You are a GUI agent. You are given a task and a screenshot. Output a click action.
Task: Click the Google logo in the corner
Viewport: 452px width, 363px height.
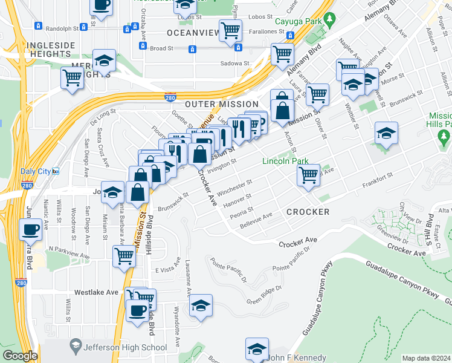tap(20, 356)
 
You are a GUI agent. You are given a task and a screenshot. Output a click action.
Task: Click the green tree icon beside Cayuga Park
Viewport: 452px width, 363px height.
tap(330, 20)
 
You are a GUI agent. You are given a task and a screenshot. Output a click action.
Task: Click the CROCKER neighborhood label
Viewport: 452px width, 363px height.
tap(308, 212)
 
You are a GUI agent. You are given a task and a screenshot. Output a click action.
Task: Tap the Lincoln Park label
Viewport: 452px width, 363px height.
tap(285, 161)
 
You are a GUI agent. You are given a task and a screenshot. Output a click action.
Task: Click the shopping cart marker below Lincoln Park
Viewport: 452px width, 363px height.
tap(308, 175)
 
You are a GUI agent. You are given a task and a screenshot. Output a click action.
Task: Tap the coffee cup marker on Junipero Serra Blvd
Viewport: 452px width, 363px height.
tap(30, 229)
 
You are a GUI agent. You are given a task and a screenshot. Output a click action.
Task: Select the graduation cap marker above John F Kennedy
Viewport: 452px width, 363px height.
tap(257, 348)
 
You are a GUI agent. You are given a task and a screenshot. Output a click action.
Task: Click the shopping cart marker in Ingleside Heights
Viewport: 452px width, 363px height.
tap(72, 77)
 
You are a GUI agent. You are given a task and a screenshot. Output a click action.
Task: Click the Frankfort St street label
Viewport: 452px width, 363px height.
tap(378, 175)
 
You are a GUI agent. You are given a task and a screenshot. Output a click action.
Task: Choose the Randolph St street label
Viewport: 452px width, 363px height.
tap(63, 28)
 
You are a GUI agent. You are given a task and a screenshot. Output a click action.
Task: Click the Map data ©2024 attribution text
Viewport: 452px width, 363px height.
tap(426, 358)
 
